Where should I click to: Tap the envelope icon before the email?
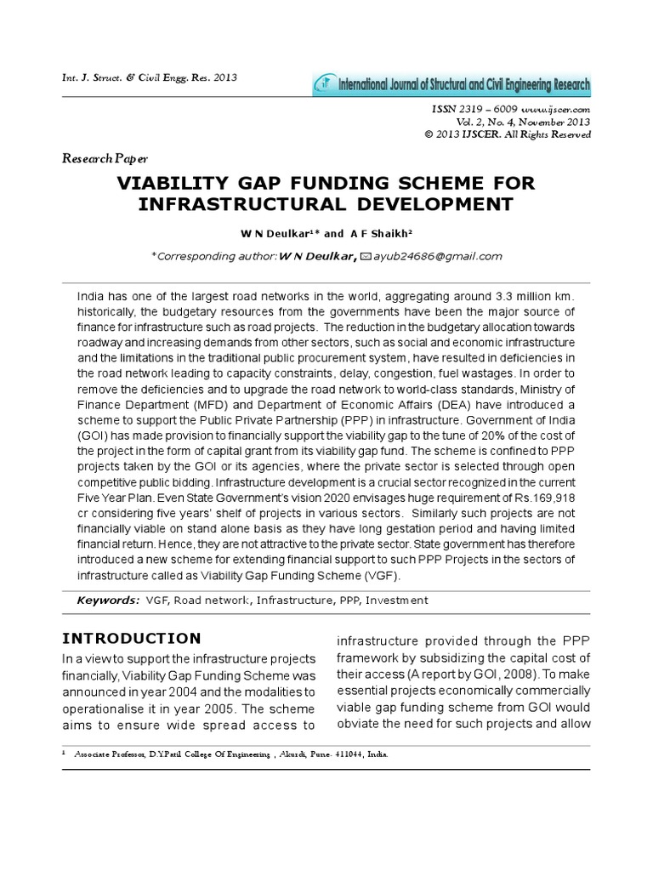coord(366,256)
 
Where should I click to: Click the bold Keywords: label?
coord(108,601)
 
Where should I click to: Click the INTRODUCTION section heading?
coord(132,639)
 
